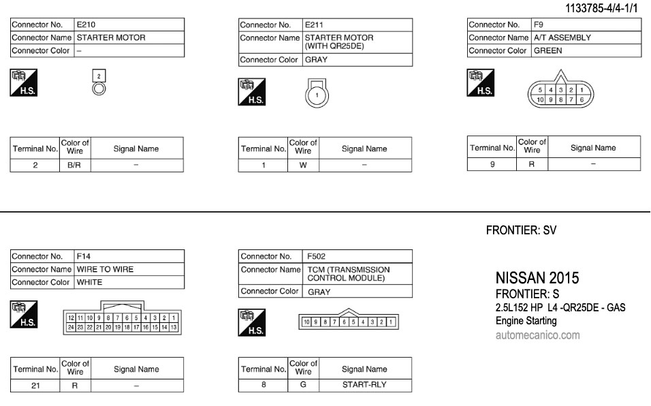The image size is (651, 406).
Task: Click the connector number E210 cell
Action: tap(128, 25)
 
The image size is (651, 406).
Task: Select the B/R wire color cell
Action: tap(75, 165)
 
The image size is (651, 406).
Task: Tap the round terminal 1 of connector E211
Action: tap(317, 96)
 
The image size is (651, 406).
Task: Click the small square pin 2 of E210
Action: tap(99, 76)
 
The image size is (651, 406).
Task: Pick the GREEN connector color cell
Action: tap(585, 50)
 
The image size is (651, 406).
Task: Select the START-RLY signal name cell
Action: tap(364, 384)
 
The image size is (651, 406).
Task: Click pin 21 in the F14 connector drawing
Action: tap(99, 328)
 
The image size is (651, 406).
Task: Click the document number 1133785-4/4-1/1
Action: tap(604, 9)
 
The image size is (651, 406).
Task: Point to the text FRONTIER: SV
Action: tap(521, 231)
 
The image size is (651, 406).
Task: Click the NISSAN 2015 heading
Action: tap(537, 278)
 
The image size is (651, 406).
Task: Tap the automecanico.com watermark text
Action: tap(537, 334)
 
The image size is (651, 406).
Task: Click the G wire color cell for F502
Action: tap(303, 384)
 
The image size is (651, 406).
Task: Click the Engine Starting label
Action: tap(526, 321)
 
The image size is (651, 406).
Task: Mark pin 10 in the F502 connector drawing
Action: tap(307, 322)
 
